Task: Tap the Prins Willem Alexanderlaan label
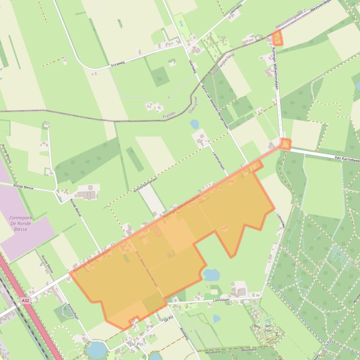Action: click(x=147, y=270)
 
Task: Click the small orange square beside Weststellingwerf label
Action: click(x=278, y=39)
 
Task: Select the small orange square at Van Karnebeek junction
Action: click(x=285, y=144)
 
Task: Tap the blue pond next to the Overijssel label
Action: click(x=194, y=124)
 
